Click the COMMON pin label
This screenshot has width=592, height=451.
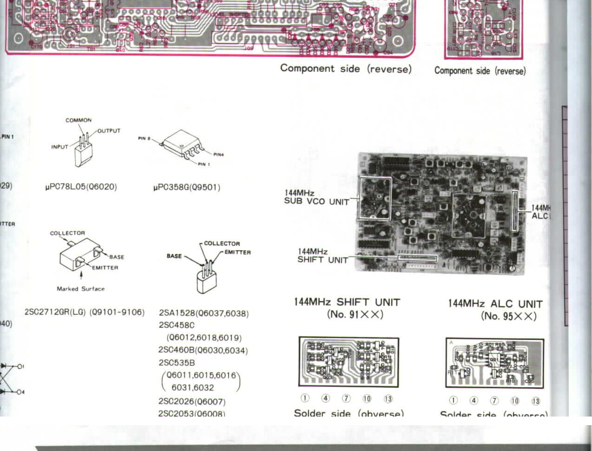pos(78,120)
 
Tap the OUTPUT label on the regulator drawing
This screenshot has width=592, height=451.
pos(108,131)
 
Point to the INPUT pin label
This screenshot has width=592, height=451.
pos(60,147)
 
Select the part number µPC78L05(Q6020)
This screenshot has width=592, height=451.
pos(81,187)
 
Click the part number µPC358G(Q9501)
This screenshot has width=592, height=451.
pos(187,187)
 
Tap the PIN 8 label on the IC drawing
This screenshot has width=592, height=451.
pos(144,138)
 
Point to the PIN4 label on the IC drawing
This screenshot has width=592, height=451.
pos(218,155)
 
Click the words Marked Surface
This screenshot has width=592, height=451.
pos(81,289)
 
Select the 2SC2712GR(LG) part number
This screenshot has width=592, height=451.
pos(55,312)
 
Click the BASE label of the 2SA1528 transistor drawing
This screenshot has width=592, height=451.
pos(174,256)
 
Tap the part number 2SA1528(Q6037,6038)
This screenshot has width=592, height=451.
pos(204,313)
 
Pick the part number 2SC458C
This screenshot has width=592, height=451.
pos(177,325)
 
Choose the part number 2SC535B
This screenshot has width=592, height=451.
pos(177,363)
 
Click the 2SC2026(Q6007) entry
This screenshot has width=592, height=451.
pos(192,402)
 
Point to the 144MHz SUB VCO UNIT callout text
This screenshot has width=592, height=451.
pos(316,197)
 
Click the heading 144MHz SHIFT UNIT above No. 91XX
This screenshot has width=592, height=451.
pos(347,302)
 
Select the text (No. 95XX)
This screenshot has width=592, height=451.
pos(509,316)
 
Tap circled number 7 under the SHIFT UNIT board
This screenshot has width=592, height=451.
pos(346,399)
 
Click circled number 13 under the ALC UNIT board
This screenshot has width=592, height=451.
pos(536,401)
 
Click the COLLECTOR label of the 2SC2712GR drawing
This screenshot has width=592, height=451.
pos(67,233)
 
